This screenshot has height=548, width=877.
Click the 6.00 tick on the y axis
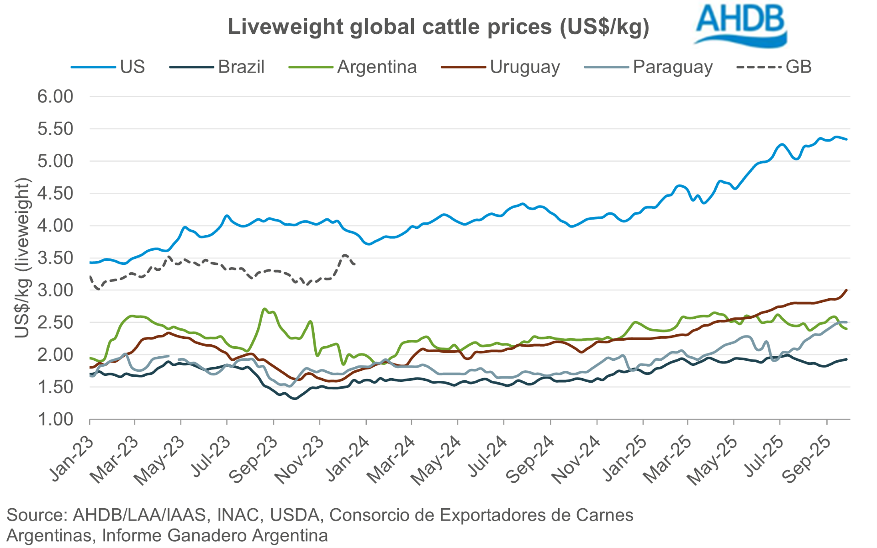[55, 97]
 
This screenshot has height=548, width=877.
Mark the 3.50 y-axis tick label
[55, 258]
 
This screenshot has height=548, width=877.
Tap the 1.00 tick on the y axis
[55, 419]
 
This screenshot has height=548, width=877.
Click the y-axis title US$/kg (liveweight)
[22, 258]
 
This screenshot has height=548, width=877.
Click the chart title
[438, 27]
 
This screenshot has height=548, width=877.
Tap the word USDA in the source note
[295, 515]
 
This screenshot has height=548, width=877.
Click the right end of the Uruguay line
[846, 290]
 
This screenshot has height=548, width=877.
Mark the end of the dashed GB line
[355, 264]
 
